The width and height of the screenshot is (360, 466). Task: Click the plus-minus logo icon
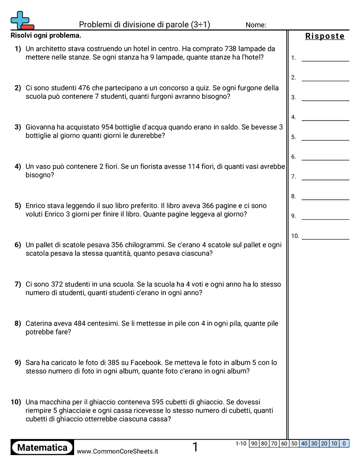22,20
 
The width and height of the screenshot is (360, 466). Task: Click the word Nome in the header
256,25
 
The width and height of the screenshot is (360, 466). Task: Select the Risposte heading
325,36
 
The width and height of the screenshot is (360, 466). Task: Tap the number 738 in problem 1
232,49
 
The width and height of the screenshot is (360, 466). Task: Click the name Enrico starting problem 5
36,206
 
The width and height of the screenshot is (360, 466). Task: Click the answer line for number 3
325,100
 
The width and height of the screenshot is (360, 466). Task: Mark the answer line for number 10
325,239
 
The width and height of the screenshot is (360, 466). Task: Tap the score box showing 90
254,443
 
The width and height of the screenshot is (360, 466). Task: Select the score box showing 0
344,443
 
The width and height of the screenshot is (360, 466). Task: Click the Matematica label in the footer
42,447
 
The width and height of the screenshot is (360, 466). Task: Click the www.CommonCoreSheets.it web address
117,451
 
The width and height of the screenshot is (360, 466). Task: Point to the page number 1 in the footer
195,447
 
